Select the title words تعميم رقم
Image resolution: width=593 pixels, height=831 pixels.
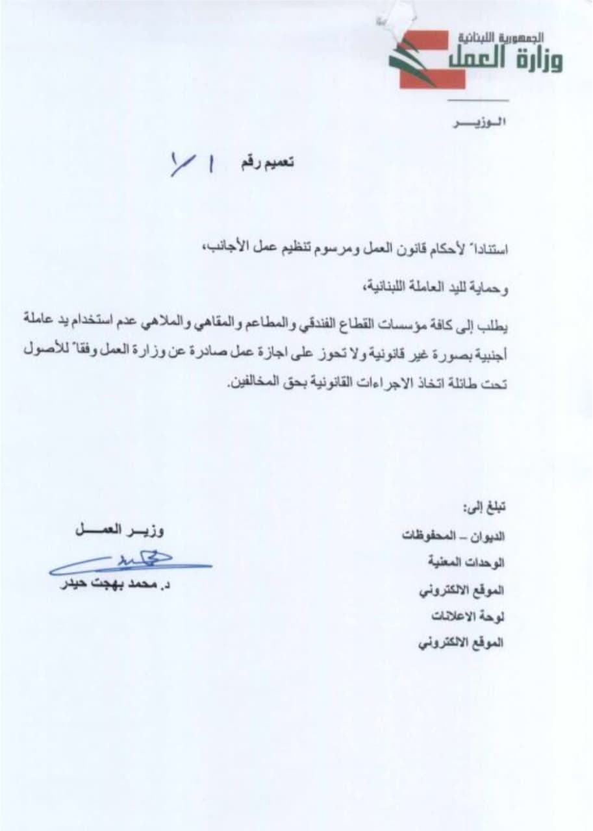point(267,162)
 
